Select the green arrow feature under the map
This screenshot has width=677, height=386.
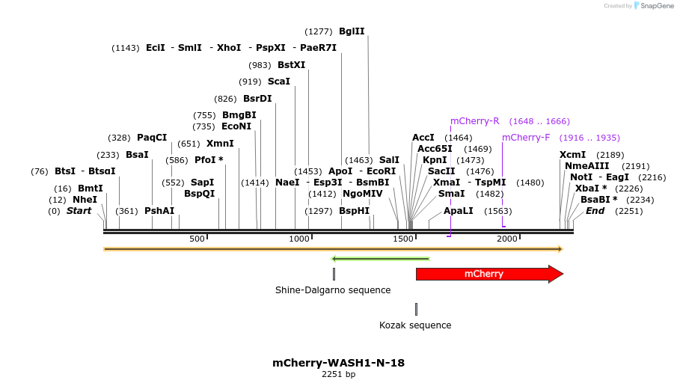click(380, 260)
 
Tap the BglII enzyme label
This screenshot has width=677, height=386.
click(352, 31)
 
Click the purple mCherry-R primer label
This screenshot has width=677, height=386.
click(474, 121)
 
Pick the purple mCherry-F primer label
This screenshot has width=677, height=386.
click(526, 138)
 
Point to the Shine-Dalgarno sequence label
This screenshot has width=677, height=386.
click(333, 290)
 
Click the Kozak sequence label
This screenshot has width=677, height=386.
click(415, 325)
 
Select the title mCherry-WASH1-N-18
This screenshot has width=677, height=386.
click(338, 363)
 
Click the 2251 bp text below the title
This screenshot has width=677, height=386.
click(338, 374)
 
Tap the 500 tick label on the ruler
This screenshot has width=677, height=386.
click(197, 239)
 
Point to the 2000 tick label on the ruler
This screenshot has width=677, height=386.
click(508, 239)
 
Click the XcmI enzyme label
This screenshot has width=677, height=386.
click(573, 155)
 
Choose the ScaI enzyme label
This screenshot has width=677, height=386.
click(279, 82)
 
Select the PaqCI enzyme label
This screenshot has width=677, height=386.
click(152, 138)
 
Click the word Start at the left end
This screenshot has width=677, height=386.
click(79, 211)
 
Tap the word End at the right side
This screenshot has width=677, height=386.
click(595, 211)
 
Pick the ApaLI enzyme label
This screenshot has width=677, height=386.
click(459, 211)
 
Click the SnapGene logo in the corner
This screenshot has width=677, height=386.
click(653, 6)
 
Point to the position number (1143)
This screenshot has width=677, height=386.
click(126, 48)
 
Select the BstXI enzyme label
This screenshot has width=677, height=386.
click(291, 65)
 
